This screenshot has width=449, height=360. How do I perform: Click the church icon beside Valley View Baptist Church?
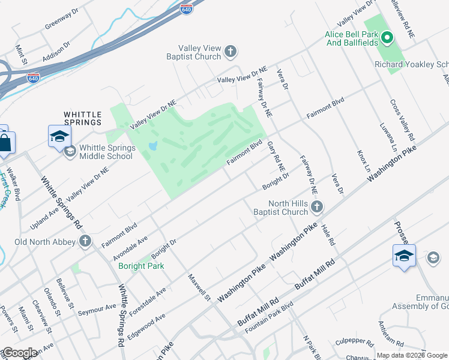231,52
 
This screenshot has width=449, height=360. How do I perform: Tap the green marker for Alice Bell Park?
388,39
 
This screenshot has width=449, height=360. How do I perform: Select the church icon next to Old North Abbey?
85,242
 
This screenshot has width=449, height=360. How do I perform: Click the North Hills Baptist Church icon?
317,208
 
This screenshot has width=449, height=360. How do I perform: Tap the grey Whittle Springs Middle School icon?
70,151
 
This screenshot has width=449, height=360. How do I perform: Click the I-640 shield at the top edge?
187,8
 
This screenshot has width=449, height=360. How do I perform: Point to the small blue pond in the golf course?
152,146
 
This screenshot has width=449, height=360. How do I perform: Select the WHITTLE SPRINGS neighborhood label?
83,118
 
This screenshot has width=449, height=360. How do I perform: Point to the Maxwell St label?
200,288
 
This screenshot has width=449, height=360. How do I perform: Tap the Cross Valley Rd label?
402,118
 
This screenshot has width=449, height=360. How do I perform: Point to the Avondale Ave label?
130,248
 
